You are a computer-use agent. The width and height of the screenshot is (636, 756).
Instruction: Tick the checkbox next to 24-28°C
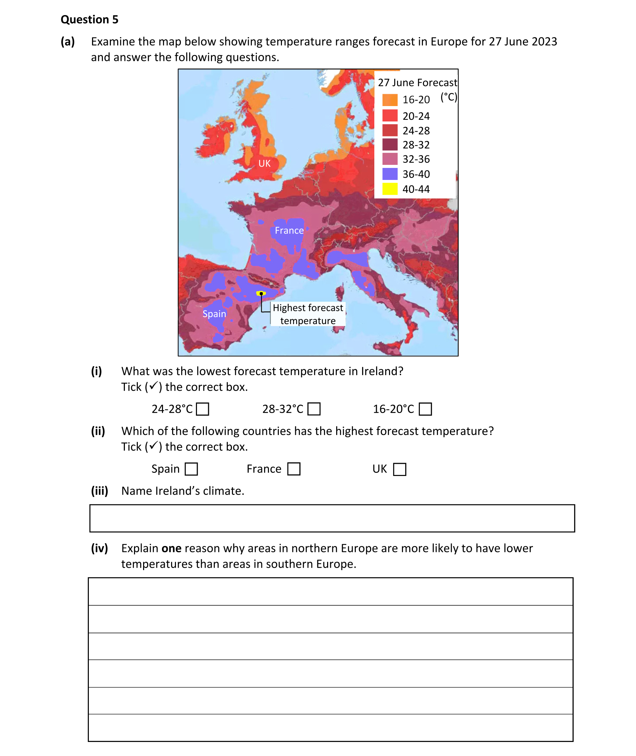[202, 409]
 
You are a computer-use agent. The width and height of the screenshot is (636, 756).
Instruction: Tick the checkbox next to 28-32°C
[314, 409]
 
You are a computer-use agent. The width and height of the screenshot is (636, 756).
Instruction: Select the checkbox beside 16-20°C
[425, 409]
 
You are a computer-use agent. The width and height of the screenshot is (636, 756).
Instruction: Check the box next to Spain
[191, 469]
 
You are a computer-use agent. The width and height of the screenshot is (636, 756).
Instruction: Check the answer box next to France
[294, 469]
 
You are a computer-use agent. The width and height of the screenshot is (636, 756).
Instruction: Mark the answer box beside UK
[400, 469]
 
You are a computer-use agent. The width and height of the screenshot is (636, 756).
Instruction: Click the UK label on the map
[264, 163]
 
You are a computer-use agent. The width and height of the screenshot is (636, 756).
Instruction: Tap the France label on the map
[289, 231]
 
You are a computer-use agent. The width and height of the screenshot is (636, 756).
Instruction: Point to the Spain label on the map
[214, 314]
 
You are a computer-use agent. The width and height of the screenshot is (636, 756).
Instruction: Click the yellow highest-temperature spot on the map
[261, 293]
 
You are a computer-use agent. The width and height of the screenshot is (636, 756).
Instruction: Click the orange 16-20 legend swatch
[390, 99]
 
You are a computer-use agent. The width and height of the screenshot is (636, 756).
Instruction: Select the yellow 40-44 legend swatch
[390, 189]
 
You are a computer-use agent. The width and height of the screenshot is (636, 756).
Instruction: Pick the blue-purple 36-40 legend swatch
[390, 174]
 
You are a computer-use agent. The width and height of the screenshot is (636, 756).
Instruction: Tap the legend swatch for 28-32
[390, 145]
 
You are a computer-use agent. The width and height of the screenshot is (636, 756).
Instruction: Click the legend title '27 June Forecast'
[417, 83]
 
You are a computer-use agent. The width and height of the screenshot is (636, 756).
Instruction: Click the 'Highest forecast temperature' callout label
[308, 314]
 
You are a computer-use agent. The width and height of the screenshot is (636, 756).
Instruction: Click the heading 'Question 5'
[90, 20]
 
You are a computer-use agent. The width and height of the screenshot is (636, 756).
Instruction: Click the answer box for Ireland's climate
[332, 518]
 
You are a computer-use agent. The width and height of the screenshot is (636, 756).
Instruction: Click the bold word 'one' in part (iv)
[171, 548]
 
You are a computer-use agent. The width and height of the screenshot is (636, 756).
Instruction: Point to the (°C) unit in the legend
[448, 97]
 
